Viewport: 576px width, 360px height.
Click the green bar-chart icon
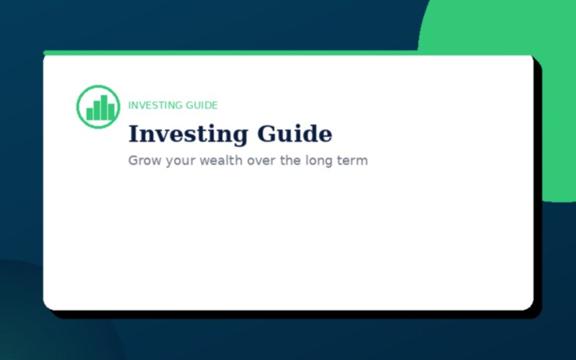(98, 107)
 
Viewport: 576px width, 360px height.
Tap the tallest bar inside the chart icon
(104, 107)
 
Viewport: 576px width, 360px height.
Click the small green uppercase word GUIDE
(202, 105)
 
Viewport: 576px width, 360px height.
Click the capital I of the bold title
(133, 135)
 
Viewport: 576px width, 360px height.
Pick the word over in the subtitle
(261, 161)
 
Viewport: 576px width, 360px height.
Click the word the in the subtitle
(291, 161)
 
